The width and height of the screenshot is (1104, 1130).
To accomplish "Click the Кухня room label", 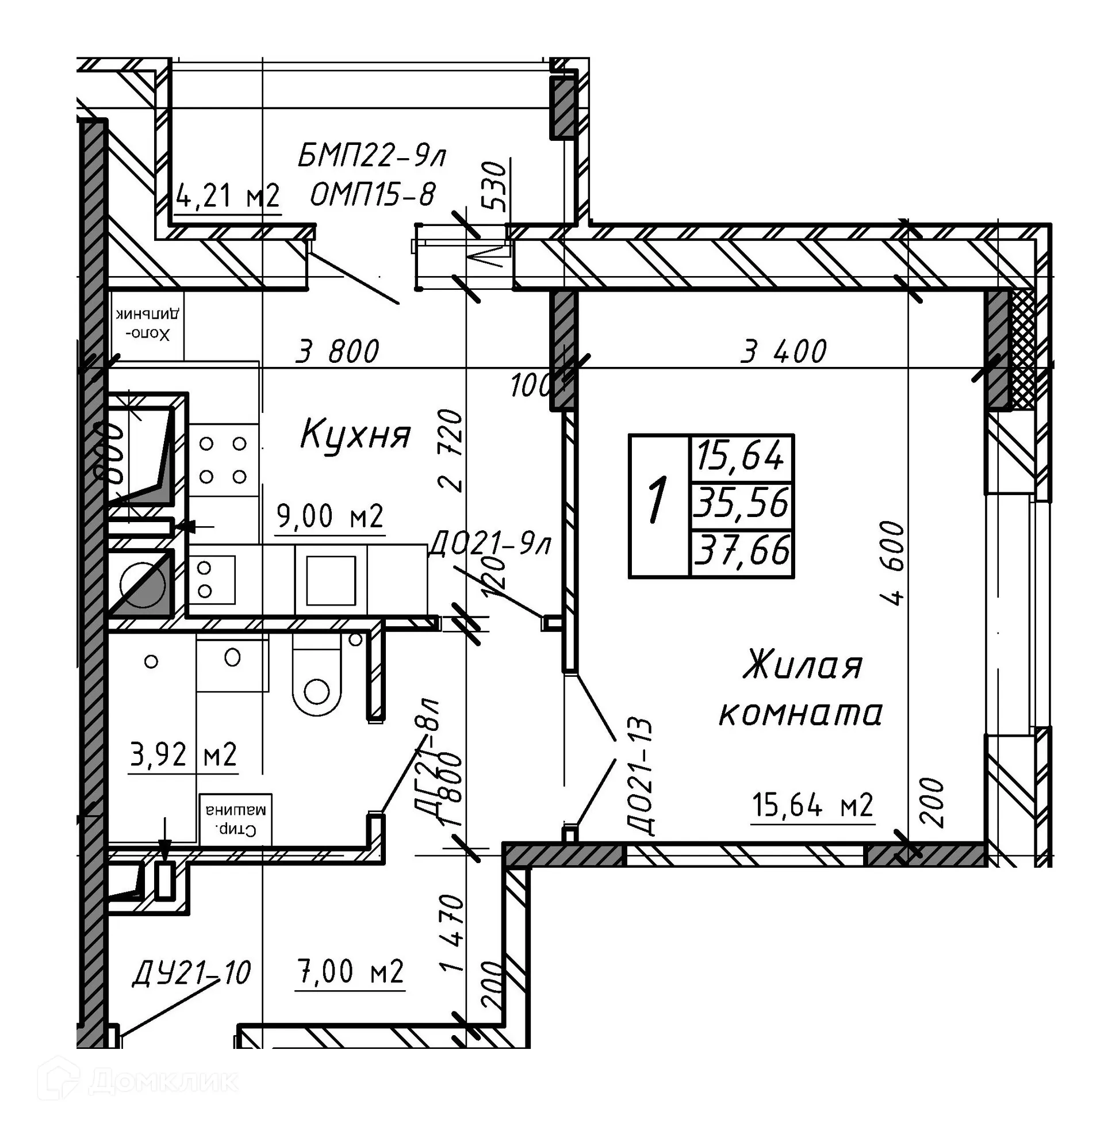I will pyautogui.click(x=355, y=435).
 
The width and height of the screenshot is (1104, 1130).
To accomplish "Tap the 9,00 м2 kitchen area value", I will pyautogui.click(x=330, y=515).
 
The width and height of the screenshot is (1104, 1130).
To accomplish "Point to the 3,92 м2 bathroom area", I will pyautogui.click(x=183, y=755).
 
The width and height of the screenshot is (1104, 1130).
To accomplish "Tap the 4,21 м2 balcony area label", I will pyautogui.click(x=228, y=196).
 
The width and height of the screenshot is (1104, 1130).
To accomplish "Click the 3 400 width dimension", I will pyautogui.click(x=783, y=351).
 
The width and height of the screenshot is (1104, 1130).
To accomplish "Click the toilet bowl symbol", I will pyautogui.click(x=316, y=676).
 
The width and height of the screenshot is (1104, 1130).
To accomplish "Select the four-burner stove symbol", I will pyautogui.click(x=223, y=460).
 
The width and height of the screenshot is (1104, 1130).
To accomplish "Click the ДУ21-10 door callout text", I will pyautogui.click(x=191, y=972).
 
